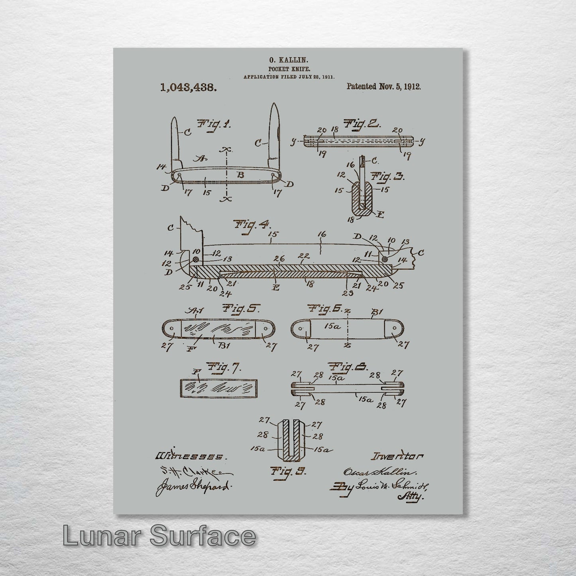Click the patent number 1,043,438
(x=189, y=87)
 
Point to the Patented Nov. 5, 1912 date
(x=383, y=86)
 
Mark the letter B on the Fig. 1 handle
(x=241, y=175)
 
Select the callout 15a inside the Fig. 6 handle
(x=332, y=326)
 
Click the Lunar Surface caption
(x=159, y=537)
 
